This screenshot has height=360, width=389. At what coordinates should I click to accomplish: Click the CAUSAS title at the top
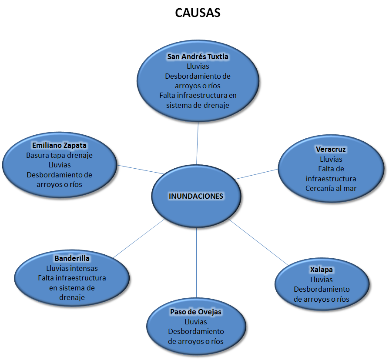[198, 13]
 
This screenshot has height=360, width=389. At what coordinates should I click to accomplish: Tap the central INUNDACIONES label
[196, 196]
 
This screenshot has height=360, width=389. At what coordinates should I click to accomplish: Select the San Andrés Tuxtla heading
[198, 57]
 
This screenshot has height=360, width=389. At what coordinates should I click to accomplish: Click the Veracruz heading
[331, 149]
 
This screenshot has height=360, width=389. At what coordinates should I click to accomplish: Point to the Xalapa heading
[322, 270]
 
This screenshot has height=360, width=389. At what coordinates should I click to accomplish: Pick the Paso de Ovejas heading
[196, 312]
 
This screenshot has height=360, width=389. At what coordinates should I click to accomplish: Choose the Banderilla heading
[72, 258]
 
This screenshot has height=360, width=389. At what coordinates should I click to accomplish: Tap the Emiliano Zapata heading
[60, 145]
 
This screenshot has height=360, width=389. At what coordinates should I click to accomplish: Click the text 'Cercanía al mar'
[331, 188]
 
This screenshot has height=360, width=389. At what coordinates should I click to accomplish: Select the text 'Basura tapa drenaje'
[60, 155]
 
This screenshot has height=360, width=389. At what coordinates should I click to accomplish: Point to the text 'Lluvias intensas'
[72, 268]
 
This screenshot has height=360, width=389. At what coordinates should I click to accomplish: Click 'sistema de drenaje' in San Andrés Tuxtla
[198, 105]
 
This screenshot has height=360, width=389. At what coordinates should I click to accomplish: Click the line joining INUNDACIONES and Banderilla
[138, 238]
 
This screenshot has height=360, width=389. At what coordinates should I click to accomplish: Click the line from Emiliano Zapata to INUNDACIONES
[140, 169]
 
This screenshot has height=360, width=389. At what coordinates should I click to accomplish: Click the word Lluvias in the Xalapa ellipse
[322, 280]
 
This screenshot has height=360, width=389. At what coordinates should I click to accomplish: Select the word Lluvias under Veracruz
[331, 159]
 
